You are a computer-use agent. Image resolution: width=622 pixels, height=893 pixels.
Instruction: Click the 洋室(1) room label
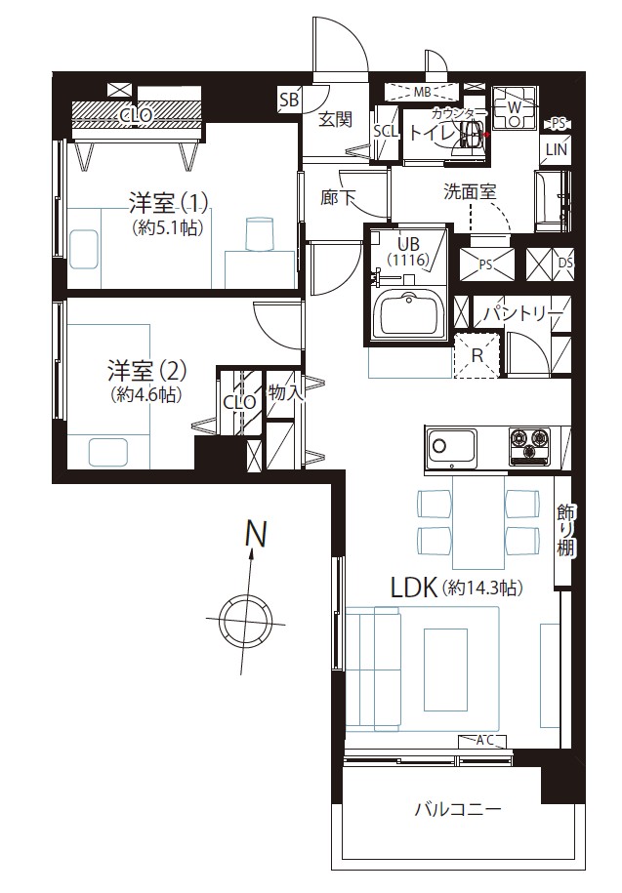click(169, 202)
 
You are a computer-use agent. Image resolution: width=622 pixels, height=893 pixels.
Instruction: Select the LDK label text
click(414, 588)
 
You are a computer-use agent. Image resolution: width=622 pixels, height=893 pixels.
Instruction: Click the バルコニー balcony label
click(458, 809)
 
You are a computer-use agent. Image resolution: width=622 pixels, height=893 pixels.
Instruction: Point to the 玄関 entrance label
click(335, 120)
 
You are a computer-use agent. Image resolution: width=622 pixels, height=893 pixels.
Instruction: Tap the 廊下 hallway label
click(338, 197)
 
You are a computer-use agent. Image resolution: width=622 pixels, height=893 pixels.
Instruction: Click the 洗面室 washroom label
click(470, 192)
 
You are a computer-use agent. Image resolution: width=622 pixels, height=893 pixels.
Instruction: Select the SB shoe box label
click(289, 101)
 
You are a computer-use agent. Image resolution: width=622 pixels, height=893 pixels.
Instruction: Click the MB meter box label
click(422, 92)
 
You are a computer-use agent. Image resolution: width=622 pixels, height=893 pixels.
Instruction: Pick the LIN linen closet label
click(556, 149)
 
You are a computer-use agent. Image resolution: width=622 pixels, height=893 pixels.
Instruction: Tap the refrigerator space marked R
click(477, 356)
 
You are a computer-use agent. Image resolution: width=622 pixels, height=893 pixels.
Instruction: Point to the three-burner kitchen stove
click(529, 444)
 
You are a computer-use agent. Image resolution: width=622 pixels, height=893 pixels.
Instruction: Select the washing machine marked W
click(515, 107)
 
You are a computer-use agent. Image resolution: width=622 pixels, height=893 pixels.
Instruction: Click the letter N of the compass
click(256, 534)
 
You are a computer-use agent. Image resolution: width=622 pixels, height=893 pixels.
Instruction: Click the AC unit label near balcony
click(483, 741)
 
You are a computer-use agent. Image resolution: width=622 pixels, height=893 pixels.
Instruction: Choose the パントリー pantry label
click(523, 314)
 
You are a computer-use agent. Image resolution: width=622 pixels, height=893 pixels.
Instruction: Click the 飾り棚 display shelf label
click(565, 530)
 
